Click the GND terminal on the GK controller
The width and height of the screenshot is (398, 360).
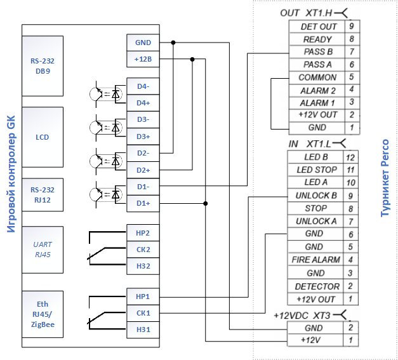pyautogui.click(x=143, y=43)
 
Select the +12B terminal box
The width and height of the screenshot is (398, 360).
pyautogui.click(x=143, y=59)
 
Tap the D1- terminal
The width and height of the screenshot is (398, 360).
pyautogui.click(x=143, y=187)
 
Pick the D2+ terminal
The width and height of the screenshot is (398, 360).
pyautogui.click(x=143, y=170)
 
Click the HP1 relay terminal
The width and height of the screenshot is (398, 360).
pyautogui.click(x=143, y=297)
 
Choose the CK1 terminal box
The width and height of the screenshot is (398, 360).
pyautogui.click(x=143, y=313)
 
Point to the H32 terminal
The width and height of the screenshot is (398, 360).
pyautogui.click(x=143, y=266)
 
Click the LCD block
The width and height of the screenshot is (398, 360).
pyautogui.click(x=43, y=137)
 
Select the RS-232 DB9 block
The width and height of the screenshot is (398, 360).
pyautogui.click(x=43, y=66)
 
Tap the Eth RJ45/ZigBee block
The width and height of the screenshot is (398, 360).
pyautogui.click(x=43, y=314)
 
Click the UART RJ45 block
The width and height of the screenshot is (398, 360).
pyautogui.click(x=43, y=250)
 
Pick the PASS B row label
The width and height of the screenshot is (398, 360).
pyautogui.click(x=318, y=52)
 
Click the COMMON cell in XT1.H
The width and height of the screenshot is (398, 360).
pyautogui.click(x=317, y=77)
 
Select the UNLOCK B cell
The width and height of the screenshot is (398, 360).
pyautogui.click(x=315, y=196)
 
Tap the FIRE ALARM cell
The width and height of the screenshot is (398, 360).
pyautogui.click(x=315, y=260)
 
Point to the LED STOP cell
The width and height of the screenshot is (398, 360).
pyautogui.click(x=315, y=170)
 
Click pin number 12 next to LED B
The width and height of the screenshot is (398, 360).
pyautogui.click(x=350, y=157)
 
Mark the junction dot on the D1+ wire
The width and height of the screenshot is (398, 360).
pyautogui.click(x=206, y=204)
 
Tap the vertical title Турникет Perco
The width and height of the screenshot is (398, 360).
pyautogui.click(x=385, y=178)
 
